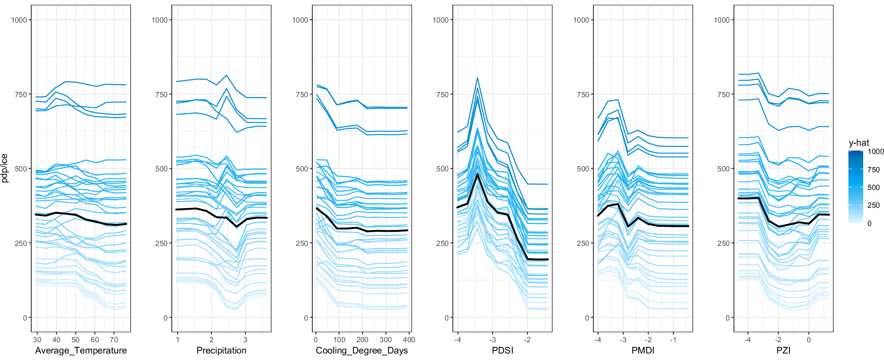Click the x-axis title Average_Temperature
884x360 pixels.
point(81,350)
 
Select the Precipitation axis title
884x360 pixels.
point(221,350)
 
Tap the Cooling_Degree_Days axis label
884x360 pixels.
point(362,350)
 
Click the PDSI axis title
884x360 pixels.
point(502,350)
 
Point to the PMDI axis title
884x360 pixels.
point(643,350)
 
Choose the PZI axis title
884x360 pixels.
point(783,350)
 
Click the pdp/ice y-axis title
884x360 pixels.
point(5,168)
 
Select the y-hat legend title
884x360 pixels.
point(859,143)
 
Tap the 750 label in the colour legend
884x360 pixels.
point(874,170)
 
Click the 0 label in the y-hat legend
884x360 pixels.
point(869,223)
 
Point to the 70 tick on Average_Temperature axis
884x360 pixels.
point(114,340)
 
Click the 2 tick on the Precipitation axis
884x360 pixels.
point(211,340)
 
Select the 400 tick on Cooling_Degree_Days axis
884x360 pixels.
point(409,340)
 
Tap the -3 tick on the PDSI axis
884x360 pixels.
point(492,340)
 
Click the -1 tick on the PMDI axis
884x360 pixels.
point(673,340)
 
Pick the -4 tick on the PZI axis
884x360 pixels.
point(747,340)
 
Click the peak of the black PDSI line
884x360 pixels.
point(477,174)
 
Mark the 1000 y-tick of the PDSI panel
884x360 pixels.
point(440,20)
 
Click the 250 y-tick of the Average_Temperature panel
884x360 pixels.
point(20,243)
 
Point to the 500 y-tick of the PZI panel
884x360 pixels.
point(723,169)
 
